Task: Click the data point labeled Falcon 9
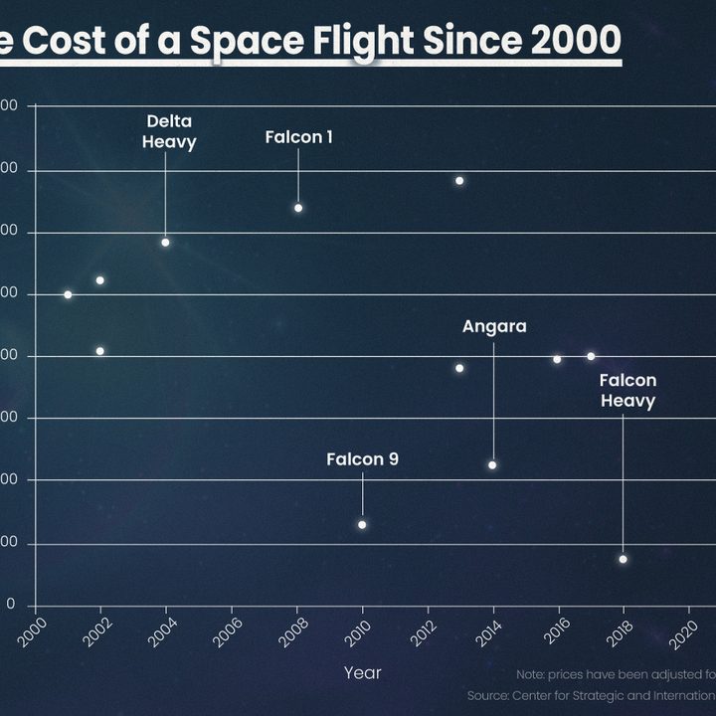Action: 362,524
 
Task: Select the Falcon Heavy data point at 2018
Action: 623,559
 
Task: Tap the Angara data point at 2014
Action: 492,464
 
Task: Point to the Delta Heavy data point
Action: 165,242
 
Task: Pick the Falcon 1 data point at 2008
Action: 297,208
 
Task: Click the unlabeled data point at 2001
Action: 68,294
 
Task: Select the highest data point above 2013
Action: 459,180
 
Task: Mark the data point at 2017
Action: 591,356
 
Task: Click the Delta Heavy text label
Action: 169,131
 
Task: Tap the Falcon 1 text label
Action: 298,137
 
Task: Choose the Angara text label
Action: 494,326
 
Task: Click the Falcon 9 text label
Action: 362,459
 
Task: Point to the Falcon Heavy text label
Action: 627,391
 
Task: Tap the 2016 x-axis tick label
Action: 554,633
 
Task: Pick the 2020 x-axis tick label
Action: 684,633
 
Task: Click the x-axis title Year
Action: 362,673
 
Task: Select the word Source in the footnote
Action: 487,695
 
